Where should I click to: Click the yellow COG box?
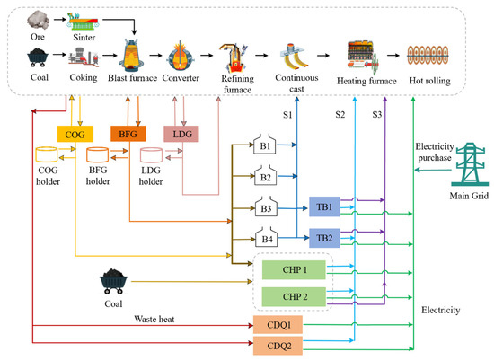(x=75, y=134)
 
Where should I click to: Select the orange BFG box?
(x=128, y=134)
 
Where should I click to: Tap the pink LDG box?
(x=181, y=134)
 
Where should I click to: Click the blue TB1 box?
(x=324, y=206)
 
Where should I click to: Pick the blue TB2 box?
(x=324, y=238)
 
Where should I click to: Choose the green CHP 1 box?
(x=294, y=270)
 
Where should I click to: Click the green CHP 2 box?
(x=294, y=296)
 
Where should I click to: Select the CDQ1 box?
(x=278, y=325)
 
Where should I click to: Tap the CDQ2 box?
(x=278, y=346)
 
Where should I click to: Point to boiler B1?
(x=265, y=145)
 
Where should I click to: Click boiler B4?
(x=266, y=237)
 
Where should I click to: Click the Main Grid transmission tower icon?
(x=470, y=164)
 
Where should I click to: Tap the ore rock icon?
(x=38, y=20)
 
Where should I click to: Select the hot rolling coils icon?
(x=428, y=56)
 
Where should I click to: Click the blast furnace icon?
(x=131, y=55)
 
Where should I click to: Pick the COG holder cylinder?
(x=47, y=154)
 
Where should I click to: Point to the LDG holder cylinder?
(x=151, y=155)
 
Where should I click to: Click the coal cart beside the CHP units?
(x=113, y=281)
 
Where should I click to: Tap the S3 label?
(x=377, y=114)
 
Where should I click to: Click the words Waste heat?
(x=154, y=319)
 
